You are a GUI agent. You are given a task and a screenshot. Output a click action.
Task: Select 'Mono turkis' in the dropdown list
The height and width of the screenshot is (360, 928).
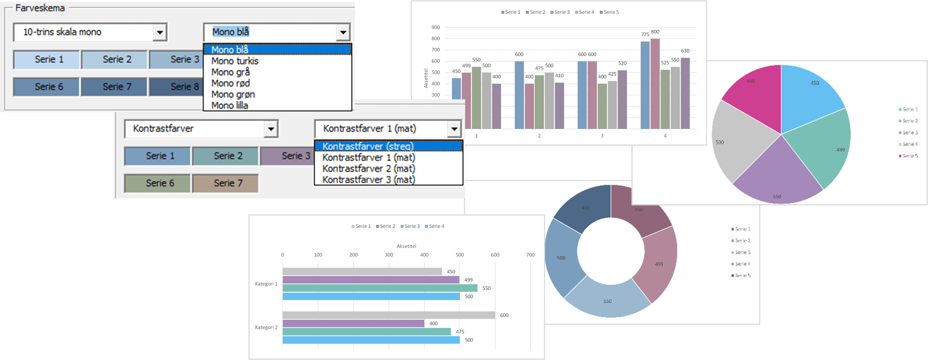click(x=235, y=61)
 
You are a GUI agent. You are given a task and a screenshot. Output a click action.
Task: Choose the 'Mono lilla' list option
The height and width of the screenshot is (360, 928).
click(x=230, y=106)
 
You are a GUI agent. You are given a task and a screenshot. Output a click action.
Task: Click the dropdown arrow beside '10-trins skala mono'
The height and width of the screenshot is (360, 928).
click(x=160, y=32)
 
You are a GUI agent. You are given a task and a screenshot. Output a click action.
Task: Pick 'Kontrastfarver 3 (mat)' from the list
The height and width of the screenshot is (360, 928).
click(x=369, y=180)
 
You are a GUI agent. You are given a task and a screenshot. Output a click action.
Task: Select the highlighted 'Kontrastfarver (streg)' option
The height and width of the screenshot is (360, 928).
click(x=368, y=146)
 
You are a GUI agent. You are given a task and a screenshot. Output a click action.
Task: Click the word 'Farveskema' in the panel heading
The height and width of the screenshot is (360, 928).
click(x=40, y=8)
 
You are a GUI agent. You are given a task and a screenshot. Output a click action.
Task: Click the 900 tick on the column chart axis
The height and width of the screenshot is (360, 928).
click(x=435, y=27)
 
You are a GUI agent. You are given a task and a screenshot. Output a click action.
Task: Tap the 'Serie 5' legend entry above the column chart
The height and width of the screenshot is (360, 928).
click(x=609, y=12)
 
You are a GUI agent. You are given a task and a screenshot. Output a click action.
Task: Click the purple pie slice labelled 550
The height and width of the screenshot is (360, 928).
click(x=777, y=176)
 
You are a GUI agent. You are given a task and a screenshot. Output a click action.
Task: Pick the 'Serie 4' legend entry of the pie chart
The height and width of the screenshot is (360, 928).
click(x=910, y=144)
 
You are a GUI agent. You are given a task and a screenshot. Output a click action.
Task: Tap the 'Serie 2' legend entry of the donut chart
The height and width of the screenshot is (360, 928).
click(x=742, y=240)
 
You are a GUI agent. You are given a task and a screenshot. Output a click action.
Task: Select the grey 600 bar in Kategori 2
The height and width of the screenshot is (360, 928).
click(x=388, y=315)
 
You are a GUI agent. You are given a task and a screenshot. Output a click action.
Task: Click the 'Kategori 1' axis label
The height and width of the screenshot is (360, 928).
click(x=266, y=284)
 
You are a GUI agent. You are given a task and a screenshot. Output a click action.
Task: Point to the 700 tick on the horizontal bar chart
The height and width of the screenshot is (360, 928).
click(x=530, y=255)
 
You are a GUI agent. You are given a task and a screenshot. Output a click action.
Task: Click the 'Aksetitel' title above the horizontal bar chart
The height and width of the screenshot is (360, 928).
click(x=406, y=246)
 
